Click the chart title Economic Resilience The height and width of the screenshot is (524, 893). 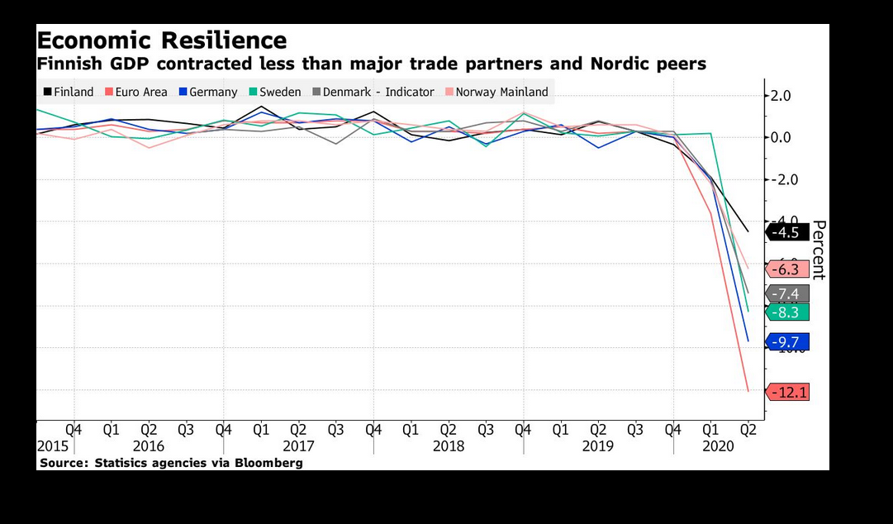click(x=162, y=40)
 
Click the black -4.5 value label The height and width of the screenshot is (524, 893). click(x=787, y=232)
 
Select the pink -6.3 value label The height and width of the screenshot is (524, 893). click(x=787, y=269)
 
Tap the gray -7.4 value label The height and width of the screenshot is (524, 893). click(x=787, y=293)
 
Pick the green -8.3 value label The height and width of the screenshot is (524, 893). click(x=787, y=312)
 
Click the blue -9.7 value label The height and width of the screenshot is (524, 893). click(x=787, y=341)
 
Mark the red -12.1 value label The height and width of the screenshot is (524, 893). click(x=787, y=392)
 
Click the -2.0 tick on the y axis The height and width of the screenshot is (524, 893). click(x=781, y=180)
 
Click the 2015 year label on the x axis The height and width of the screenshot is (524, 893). click(x=52, y=446)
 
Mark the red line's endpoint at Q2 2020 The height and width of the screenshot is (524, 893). click(x=748, y=391)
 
